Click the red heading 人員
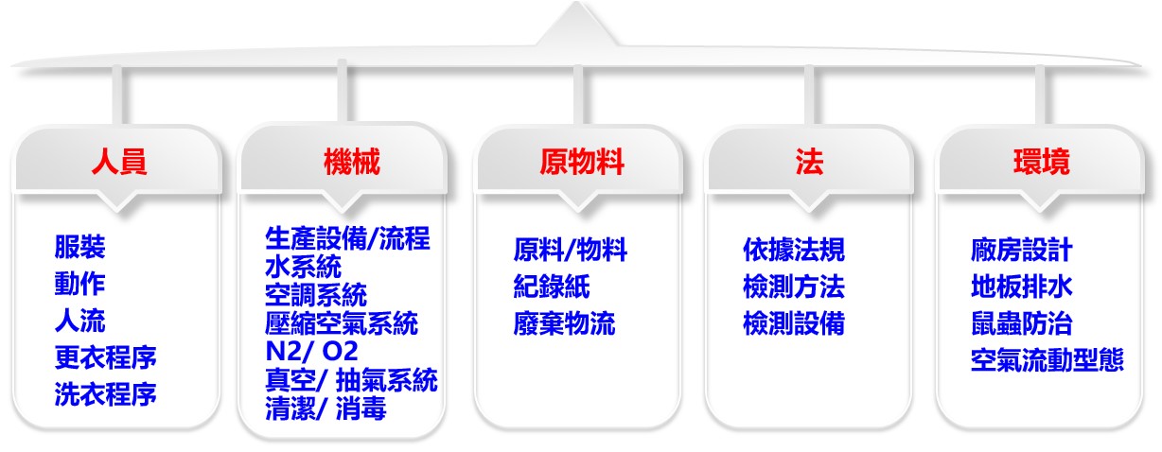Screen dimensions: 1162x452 click(119, 161)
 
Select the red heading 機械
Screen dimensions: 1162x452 click(352, 161)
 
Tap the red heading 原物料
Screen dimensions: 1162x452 click(582, 161)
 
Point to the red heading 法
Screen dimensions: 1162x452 click(809, 161)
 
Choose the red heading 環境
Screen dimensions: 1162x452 click(1042, 161)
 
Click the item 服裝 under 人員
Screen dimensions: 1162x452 click(79, 247)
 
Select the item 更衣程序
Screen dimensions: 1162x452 click(105, 357)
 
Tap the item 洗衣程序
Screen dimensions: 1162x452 click(105, 394)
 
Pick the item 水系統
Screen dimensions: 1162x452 click(303, 267)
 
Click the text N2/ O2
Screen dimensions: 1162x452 click(311, 351)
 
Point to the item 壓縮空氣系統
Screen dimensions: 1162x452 click(342, 323)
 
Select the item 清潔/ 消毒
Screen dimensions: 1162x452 click(326, 409)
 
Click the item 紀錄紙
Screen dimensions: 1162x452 click(552, 287)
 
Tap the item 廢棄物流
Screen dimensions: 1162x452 click(564, 323)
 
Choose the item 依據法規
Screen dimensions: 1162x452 click(794, 250)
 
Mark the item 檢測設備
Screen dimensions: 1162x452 click(794, 323)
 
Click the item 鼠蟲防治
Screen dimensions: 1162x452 click(1021, 323)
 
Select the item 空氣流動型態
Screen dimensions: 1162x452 click(1047, 360)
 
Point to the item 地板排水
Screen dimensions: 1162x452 click(1021, 287)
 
